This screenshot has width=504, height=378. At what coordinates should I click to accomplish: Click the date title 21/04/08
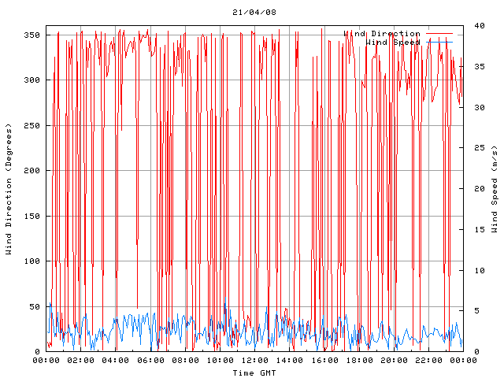tap(254, 13)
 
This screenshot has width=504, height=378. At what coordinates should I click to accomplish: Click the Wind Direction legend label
tap(382, 34)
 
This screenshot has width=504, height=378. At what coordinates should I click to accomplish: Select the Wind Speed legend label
tap(393, 43)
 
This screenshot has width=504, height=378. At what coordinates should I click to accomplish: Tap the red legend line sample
tap(440, 34)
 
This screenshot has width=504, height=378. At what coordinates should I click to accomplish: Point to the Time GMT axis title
tap(254, 372)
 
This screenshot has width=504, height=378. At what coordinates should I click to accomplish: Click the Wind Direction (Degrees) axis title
tap(9, 189)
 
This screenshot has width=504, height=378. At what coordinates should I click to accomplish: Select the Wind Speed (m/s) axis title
tap(495, 189)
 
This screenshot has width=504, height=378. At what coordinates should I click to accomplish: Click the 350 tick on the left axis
tap(32, 35)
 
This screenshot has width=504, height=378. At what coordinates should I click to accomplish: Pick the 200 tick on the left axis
tap(32, 171)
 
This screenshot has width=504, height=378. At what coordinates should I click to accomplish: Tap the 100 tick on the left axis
tap(32, 261)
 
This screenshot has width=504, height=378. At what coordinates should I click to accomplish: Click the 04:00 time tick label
tap(116, 360)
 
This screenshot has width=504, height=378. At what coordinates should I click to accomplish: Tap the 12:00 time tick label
tap(254, 360)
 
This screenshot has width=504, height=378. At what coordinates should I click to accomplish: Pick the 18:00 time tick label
tap(358, 360)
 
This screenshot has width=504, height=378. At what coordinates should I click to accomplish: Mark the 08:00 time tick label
tap(185, 360)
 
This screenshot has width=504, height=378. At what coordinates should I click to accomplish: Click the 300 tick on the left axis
tap(32, 80)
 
